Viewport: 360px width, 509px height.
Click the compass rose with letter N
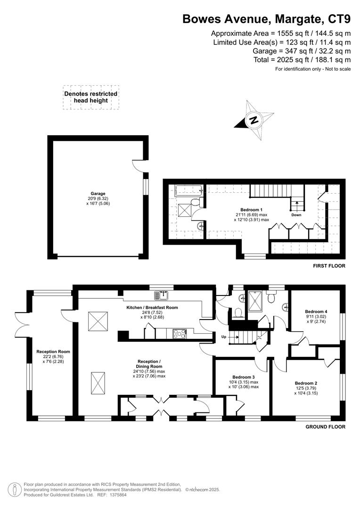[254, 120]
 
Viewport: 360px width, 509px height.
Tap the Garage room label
[98, 193]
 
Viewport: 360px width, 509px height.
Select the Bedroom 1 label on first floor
[251, 209]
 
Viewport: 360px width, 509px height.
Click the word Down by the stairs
[296, 215]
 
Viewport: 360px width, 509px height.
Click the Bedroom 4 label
[316, 312]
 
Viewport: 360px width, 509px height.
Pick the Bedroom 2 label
[306, 383]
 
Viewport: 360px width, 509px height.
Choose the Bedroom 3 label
[243, 377]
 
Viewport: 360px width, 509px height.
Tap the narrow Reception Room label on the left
[53, 352]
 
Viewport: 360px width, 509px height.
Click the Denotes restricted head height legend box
[90, 97]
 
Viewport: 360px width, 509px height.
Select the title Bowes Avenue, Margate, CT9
[266, 19]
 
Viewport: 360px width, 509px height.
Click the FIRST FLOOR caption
[329, 266]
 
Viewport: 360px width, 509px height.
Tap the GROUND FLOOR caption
[326, 427]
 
